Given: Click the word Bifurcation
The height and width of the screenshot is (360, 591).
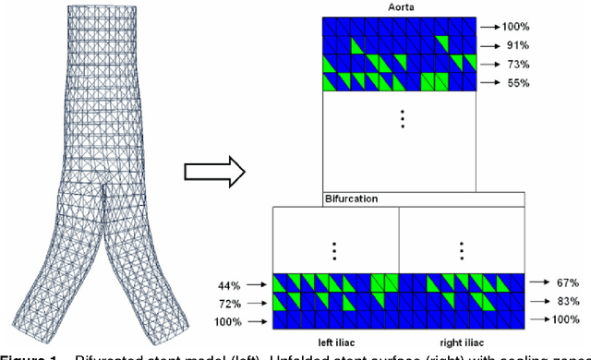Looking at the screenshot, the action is coord(351,198).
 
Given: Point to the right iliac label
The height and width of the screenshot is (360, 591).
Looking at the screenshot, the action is coord(463,340).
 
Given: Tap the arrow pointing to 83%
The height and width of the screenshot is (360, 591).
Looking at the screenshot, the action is coord(542,302).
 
